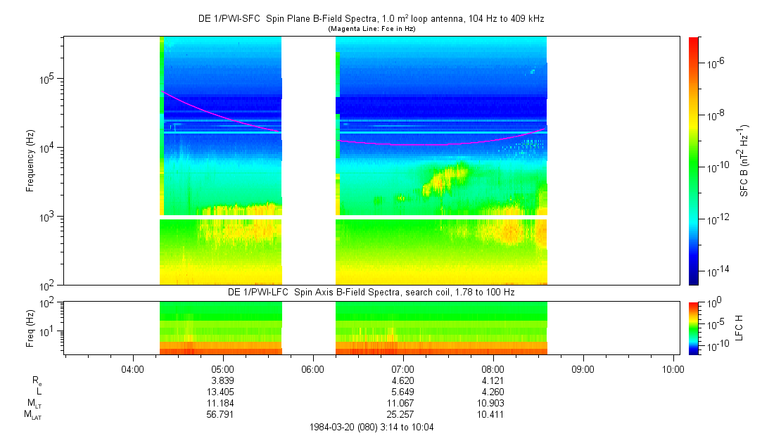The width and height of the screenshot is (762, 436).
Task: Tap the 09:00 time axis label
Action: pyautogui.click(x=583, y=368)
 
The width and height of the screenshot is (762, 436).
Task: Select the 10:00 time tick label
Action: pyautogui.click(x=673, y=368)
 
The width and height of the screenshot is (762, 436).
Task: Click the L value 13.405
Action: pyautogui.click(x=222, y=392)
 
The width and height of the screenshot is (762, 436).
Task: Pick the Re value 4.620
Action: pyautogui.click(x=402, y=380)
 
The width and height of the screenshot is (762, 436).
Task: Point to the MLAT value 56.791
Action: pyautogui.click(x=222, y=414)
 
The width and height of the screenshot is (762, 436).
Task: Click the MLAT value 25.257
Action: pyautogui.click(x=402, y=414)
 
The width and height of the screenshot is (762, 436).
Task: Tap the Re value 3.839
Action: pyautogui.click(x=222, y=380)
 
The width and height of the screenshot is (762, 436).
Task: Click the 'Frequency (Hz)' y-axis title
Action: pyautogui.click(x=30, y=161)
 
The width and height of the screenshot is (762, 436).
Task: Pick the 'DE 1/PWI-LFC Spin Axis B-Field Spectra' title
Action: pyautogui.click(x=371, y=291)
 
